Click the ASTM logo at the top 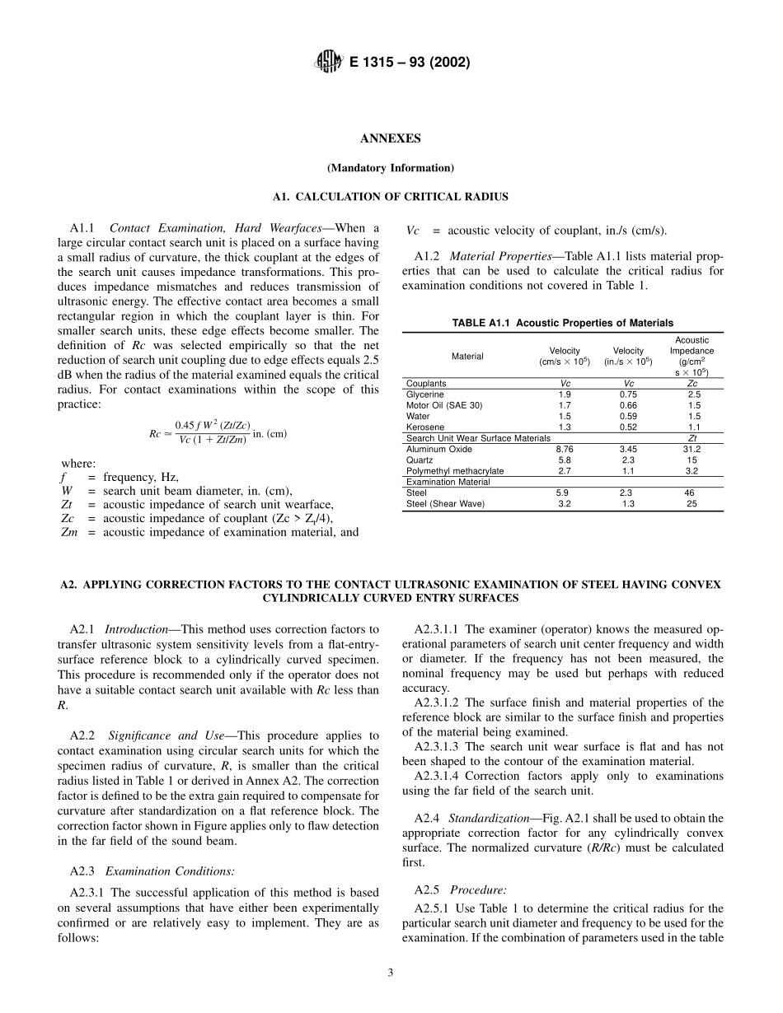point(330,62)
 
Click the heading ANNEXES point(391,138)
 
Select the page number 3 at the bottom point(391,973)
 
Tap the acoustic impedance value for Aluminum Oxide point(692,450)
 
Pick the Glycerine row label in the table point(425,395)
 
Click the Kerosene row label point(425,427)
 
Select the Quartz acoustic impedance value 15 point(692,460)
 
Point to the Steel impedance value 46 point(692,493)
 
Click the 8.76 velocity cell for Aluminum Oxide point(565,450)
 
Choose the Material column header point(467,357)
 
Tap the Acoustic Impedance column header point(692,356)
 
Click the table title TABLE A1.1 point(562,323)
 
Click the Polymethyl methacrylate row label point(455,471)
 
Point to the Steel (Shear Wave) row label point(446,504)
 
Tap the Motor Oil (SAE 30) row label point(444,406)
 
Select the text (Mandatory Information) point(391,168)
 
